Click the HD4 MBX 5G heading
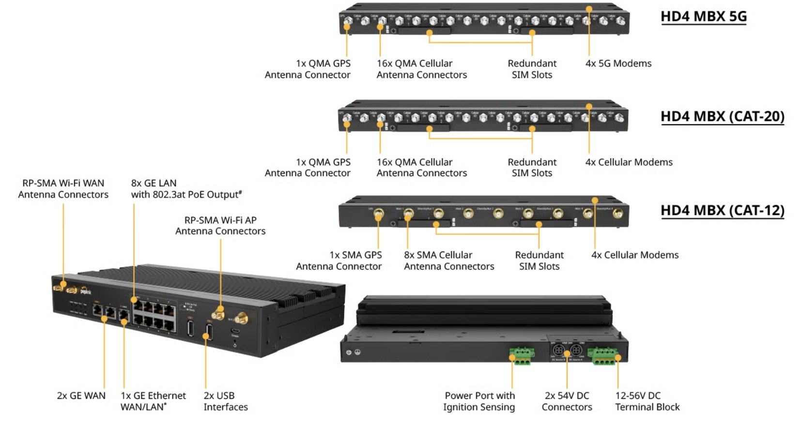tap(703, 16)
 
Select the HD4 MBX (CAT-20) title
tap(722, 117)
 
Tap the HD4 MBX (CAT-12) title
tap(722, 211)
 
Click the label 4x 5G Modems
tap(618, 63)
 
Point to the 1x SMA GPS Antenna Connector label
tap(339, 260)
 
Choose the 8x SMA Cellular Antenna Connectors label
tap(448, 260)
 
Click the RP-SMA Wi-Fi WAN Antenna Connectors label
tap(63, 189)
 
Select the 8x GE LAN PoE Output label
tap(186, 189)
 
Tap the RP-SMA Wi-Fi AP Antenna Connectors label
tap(220, 226)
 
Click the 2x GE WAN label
tap(81, 396)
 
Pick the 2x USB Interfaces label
tap(225, 401)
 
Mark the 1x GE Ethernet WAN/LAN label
tap(153, 401)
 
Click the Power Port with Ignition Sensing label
tap(479, 401)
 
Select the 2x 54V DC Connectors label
tap(567, 401)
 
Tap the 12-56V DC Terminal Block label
tap(647, 401)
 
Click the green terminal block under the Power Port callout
tap(522, 356)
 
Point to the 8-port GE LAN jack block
tap(154, 315)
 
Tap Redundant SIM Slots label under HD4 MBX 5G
tap(532, 69)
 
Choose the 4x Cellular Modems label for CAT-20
tap(629, 162)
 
